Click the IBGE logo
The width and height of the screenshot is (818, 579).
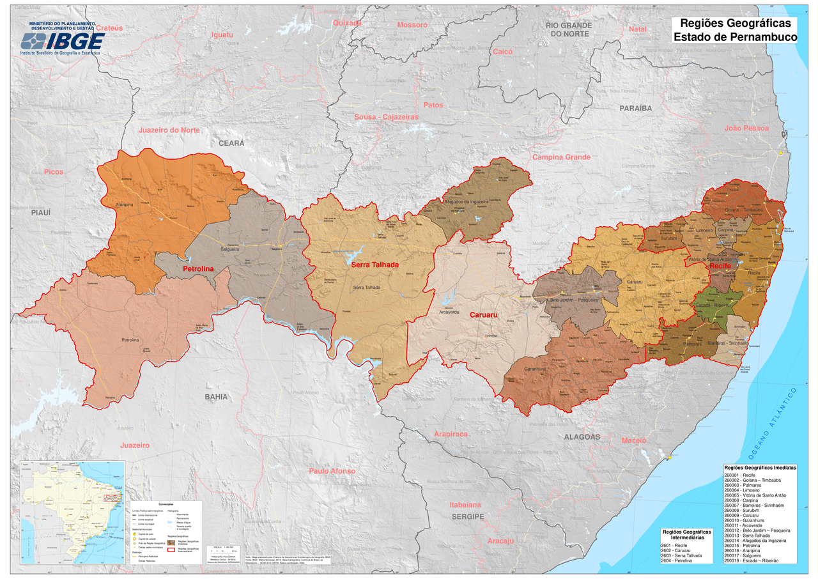63,41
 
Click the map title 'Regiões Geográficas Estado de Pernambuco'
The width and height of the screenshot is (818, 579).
734,31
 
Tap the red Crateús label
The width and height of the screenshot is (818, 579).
109,28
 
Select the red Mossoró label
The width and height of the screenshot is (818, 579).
412,25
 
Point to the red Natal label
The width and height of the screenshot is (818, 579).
638,29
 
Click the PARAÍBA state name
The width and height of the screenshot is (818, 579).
635,109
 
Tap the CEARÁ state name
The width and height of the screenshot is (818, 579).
231,143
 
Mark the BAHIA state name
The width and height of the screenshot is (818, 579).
216,397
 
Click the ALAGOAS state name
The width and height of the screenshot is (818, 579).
582,437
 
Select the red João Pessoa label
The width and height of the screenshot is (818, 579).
746,128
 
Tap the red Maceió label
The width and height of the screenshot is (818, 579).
634,441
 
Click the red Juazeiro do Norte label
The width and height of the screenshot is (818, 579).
169,130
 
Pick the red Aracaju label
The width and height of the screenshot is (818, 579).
500,541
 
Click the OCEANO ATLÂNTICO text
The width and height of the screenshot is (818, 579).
773,424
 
